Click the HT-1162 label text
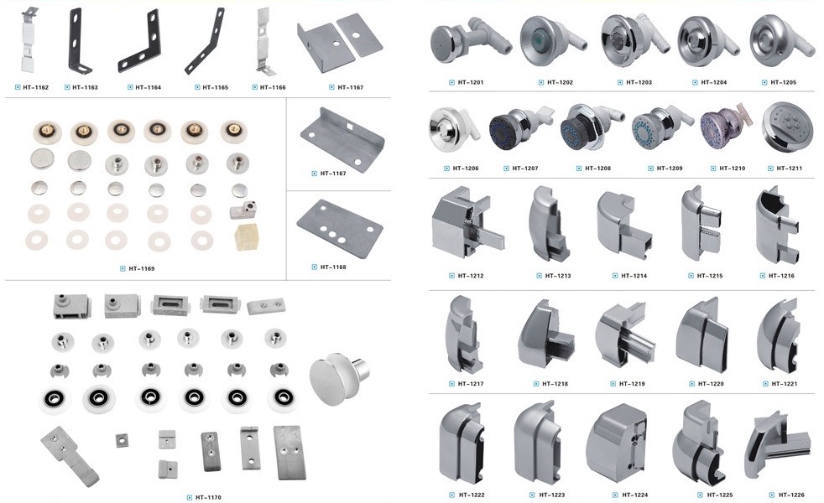click(x=36, y=87)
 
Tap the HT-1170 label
click(x=208, y=497)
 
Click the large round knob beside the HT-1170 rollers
click(x=338, y=378)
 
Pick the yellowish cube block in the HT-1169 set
click(x=246, y=237)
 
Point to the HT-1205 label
click(x=783, y=82)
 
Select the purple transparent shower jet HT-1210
click(x=723, y=127)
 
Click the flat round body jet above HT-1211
click(x=787, y=126)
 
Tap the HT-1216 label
click(x=781, y=276)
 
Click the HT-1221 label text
click(x=784, y=384)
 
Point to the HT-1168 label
click(x=333, y=267)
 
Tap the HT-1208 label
click(x=597, y=169)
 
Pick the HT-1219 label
click(x=632, y=384)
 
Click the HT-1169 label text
click(x=141, y=269)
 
